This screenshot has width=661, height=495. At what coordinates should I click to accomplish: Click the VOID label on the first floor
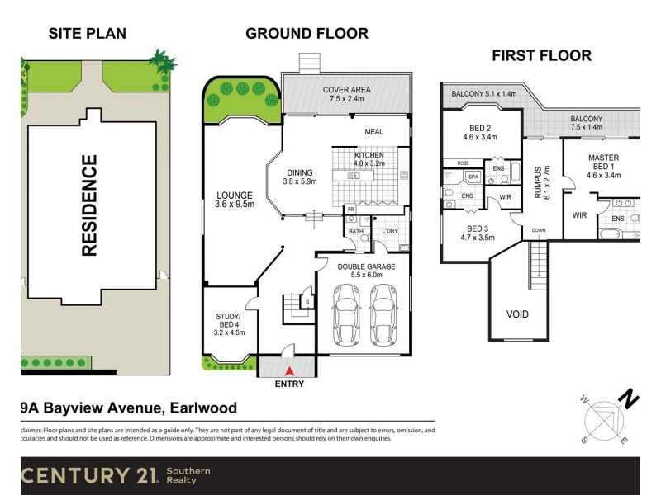(x=517, y=314)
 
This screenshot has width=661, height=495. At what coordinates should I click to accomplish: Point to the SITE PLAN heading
(x=88, y=34)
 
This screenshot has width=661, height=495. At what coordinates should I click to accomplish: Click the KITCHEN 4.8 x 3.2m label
(x=369, y=159)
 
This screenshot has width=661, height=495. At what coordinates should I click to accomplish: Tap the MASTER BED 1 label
(x=603, y=165)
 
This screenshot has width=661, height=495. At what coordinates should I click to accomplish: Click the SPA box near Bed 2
(x=473, y=177)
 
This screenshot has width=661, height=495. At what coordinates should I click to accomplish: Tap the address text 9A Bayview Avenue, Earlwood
(x=128, y=408)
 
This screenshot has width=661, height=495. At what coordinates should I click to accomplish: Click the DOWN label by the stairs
(x=539, y=230)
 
